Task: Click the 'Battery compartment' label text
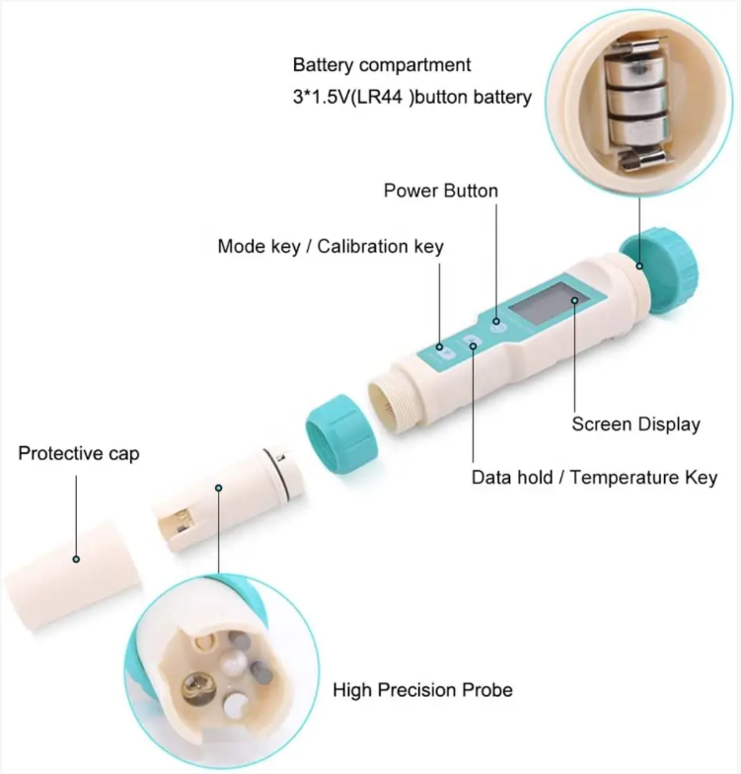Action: point(382,65)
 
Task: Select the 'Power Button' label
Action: point(440,192)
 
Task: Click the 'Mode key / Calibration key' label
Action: point(331,247)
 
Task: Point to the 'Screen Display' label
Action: point(635,425)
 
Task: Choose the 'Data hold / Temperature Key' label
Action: point(594,478)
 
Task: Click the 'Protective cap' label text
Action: point(79,454)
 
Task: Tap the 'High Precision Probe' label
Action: point(422,690)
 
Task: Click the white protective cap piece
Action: point(73,575)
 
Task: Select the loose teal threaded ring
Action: point(341,434)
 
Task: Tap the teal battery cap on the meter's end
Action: point(659,270)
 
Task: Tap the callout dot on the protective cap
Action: point(76,559)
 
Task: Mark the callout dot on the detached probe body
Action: point(219,488)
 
